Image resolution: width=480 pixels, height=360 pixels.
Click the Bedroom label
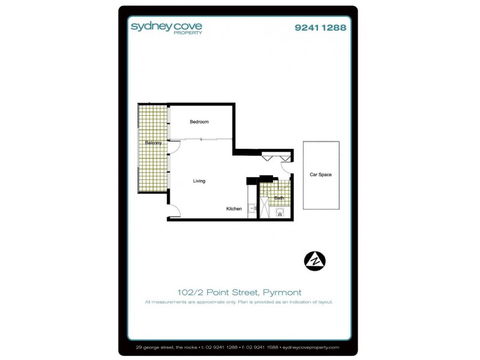[199, 122]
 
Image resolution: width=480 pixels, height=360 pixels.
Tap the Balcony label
[154, 143]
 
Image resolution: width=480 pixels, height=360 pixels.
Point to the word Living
[200, 181]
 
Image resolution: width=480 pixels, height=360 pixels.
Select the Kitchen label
[234, 209]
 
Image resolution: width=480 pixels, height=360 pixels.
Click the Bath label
[279, 197]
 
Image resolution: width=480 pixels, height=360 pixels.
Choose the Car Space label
[320, 175]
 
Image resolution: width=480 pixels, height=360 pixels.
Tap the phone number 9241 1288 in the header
[320, 27]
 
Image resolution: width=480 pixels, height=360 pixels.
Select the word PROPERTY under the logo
[191, 34]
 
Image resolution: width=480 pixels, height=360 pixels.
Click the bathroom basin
[280, 212]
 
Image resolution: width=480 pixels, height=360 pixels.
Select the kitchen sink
[253, 209]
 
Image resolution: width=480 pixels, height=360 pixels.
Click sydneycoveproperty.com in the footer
[310, 347]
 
